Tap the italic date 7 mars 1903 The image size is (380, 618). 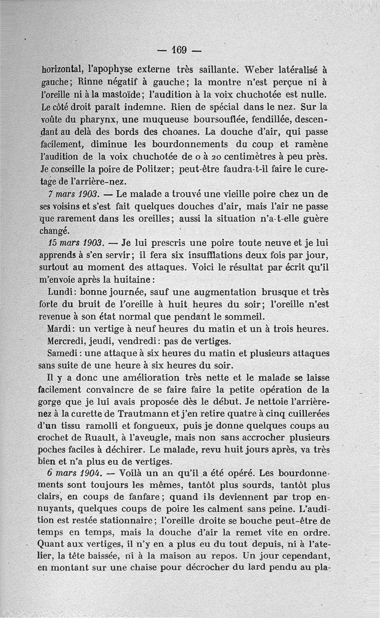pyautogui.click(x=73, y=194)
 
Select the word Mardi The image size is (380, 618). pyautogui.click(x=60, y=329)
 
